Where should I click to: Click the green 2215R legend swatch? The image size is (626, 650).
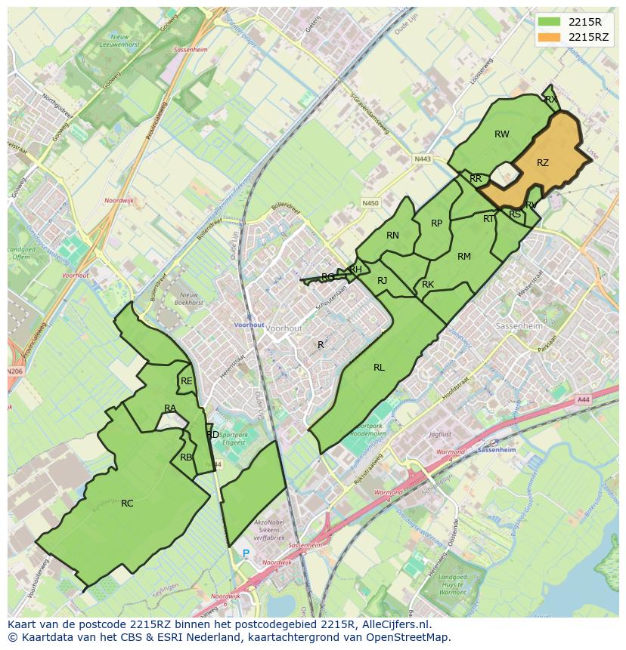pos(550,22)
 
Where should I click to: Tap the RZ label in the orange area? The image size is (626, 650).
pos(543,163)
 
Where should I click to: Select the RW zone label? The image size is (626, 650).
pos(502,134)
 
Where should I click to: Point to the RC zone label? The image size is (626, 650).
pos(127,503)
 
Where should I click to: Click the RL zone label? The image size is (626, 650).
pos(379,368)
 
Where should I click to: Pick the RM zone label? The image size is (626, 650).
pos(464,257)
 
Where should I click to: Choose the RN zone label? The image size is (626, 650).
pos(392,236)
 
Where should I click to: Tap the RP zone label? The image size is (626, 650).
pos(436,223)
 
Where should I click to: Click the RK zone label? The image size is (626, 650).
pos(428,285)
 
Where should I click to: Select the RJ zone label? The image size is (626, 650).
pos(382,281)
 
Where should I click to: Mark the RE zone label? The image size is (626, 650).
pos(186,381)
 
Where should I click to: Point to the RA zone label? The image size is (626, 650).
pos(170,408)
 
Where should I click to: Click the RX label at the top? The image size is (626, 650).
pos(551,99)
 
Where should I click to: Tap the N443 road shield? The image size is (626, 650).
pos(423,159)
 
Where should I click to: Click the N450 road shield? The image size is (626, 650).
pos(370,203)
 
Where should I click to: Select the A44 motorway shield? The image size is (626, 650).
pos(582,399)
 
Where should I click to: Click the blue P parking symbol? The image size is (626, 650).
pos(246,553)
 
